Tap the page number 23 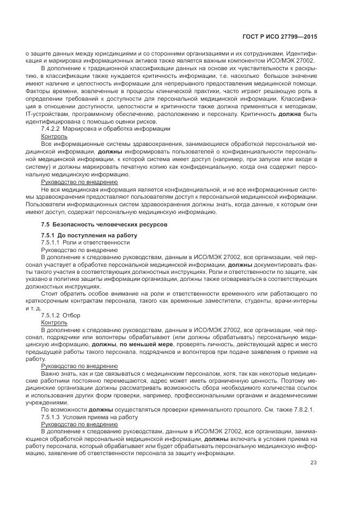[x=313, y=463]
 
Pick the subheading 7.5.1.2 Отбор [x=60, y=315]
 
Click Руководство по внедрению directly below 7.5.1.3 [x=80, y=424]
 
